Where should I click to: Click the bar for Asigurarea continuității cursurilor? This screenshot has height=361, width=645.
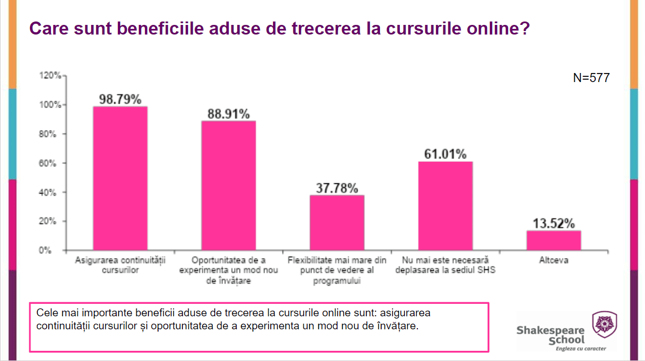[120, 178]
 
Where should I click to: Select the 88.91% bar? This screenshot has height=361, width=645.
[228, 186]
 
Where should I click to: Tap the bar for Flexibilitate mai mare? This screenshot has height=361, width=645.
[337, 222]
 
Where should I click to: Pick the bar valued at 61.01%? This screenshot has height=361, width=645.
[445, 206]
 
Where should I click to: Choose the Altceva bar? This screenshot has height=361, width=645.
[553, 240]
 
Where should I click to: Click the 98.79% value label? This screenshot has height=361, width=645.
[120, 99]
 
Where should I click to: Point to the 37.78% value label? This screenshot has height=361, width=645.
[337, 188]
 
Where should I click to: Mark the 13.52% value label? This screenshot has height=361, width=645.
[553, 223]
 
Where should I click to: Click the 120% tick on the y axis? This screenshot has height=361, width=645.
[49, 76]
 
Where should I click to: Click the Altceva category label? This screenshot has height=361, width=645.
[553, 261]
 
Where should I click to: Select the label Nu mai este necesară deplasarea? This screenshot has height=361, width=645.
[445, 265]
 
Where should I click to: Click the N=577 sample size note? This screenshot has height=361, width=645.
[591, 78]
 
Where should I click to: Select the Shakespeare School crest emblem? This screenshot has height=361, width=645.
[604, 324]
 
